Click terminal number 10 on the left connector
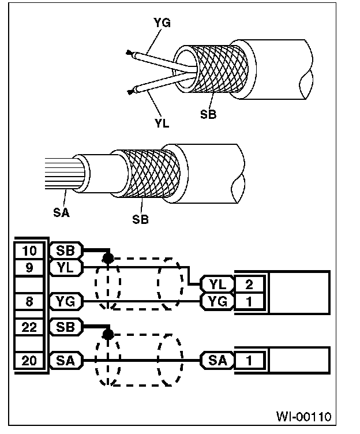[29, 251]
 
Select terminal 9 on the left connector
[29, 267]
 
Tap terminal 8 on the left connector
[29, 300]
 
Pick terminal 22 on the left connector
[29, 327]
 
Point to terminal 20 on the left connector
[29, 361]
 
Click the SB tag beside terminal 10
[67, 251]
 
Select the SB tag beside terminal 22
[67, 327]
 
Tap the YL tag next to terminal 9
[67, 267]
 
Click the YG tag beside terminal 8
[67, 300]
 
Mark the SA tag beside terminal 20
[67, 361]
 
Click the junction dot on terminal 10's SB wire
[106, 257]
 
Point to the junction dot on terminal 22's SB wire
[106, 334]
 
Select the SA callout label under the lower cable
[61, 212]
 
